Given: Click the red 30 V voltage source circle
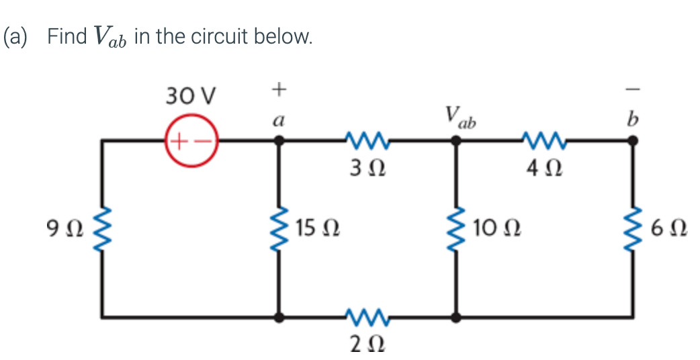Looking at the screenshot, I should click(x=191, y=141).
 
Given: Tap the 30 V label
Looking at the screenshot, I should click(x=190, y=97).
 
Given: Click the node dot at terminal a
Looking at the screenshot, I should click(x=280, y=141).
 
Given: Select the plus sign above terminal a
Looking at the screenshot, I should click(x=279, y=88).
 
